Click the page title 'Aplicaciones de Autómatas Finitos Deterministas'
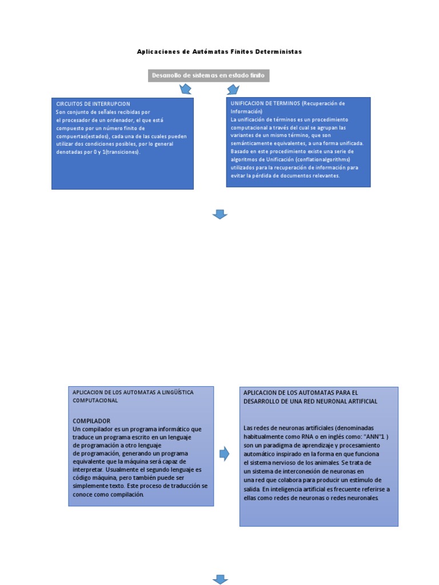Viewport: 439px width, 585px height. coord(219,52)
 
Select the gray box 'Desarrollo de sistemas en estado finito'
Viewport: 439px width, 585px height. coord(208,75)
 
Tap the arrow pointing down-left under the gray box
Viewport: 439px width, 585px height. coord(186,89)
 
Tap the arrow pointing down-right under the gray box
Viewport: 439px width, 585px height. coord(232,89)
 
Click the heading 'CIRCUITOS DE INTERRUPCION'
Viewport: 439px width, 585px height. coord(93,104)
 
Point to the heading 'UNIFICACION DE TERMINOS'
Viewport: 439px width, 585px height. coord(265,103)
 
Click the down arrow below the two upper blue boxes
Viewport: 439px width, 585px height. coord(220,214)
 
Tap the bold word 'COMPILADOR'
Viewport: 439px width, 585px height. coord(91,421)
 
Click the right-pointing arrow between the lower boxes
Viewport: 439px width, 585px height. coord(225,454)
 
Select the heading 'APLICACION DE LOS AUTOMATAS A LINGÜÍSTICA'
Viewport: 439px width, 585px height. coord(133,392)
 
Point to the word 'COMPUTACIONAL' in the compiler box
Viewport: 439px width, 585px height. coord(95,400)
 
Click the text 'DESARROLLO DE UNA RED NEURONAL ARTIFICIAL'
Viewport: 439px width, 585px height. coord(310,402)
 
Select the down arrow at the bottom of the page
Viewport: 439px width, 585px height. coord(220,579)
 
